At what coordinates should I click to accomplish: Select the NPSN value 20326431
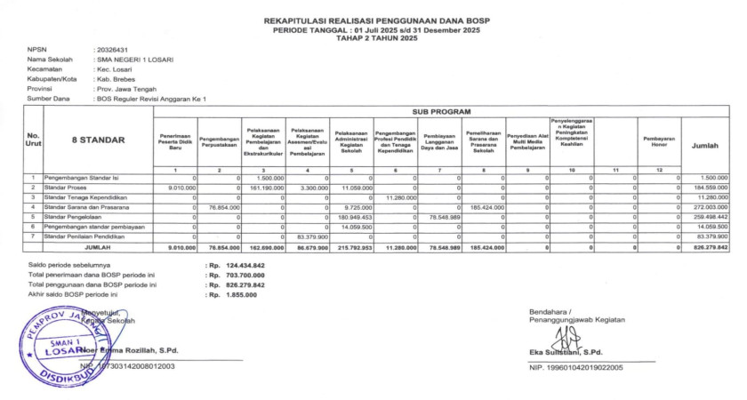coord(112,50)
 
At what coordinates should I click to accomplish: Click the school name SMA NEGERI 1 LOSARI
coord(135,60)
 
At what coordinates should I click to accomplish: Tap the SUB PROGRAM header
coord(441,113)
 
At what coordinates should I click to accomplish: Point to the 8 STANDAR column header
coord(98,140)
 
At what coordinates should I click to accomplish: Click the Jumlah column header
coord(704,145)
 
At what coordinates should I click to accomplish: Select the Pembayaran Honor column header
coord(659,140)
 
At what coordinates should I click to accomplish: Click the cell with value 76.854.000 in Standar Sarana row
coord(224,206)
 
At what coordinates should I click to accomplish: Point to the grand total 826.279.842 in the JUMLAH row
coord(710,247)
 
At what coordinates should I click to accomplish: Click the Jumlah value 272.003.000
coord(710,206)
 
